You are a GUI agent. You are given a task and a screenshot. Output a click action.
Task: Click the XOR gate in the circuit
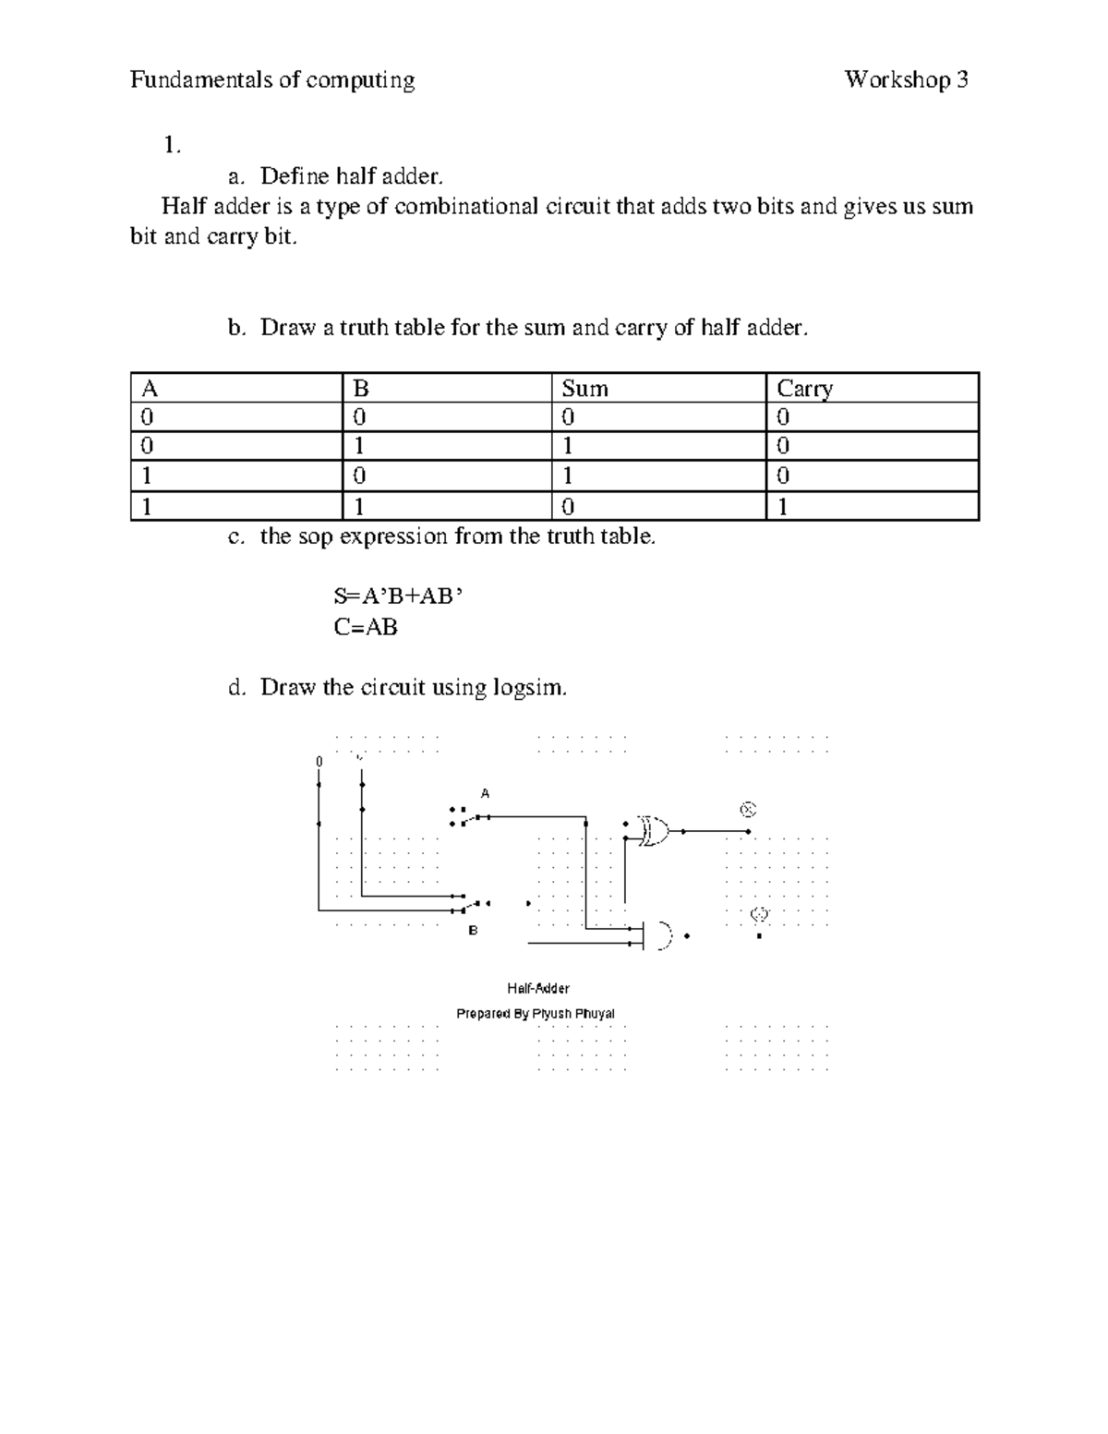pyautogui.click(x=655, y=831)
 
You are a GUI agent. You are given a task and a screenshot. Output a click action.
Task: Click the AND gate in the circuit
pyautogui.click(x=662, y=935)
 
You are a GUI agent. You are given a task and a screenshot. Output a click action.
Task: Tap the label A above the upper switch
pyautogui.click(x=485, y=793)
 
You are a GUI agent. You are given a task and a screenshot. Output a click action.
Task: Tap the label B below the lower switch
pyautogui.click(x=473, y=930)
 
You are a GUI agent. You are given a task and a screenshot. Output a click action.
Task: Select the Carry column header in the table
pyautogui.click(x=805, y=389)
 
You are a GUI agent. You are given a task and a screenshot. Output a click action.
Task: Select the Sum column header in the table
pyautogui.click(x=584, y=389)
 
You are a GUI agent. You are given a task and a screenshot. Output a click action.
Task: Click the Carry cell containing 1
pyautogui.click(x=783, y=507)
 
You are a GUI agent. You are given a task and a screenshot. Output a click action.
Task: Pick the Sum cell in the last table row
pyautogui.click(x=568, y=507)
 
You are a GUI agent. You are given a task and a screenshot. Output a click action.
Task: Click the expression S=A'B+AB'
pyautogui.click(x=397, y=596)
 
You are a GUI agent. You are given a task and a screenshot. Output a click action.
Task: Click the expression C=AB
pyautogui.click(x=366, y=628)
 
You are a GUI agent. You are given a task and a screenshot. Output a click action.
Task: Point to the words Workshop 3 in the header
pyautogui.click(x=906, y=80)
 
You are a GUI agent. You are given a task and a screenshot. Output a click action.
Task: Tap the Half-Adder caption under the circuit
pyautogui.click(x=538, y=988)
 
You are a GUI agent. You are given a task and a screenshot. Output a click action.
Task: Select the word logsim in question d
pyautogui.click(x=528, y=688)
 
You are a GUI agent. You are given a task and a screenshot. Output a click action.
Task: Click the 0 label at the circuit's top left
pyautogui.click(x=319, y=761)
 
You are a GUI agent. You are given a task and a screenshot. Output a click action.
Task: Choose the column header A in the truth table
pyautogui.click(x=146, y=389)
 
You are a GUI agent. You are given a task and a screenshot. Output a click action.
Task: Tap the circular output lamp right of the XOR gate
pyautogui.click(x=748, y=810)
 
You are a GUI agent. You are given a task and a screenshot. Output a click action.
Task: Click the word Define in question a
pyautogui.click(x=295, y=175)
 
